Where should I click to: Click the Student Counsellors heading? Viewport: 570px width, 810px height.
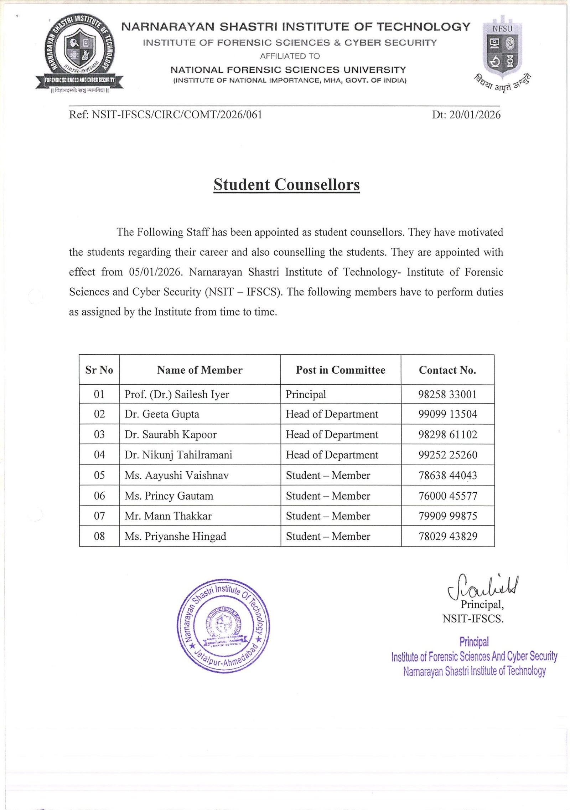286,185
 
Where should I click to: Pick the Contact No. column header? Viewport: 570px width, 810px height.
447,370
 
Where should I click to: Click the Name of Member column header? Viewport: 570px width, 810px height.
199,370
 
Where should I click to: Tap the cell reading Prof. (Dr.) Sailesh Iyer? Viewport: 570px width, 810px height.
177,394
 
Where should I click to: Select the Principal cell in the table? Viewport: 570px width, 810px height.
306,394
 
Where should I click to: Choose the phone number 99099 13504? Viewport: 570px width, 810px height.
447,414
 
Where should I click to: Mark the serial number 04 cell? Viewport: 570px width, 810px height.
99,455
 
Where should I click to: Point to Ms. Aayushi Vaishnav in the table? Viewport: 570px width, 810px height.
176,476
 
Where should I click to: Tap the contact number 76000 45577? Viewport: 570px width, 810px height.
447,496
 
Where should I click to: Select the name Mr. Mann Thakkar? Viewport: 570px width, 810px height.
168,516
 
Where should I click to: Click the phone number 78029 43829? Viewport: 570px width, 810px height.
447,536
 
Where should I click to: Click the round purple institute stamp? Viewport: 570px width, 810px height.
223,626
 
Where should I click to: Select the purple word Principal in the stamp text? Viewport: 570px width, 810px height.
474,642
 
